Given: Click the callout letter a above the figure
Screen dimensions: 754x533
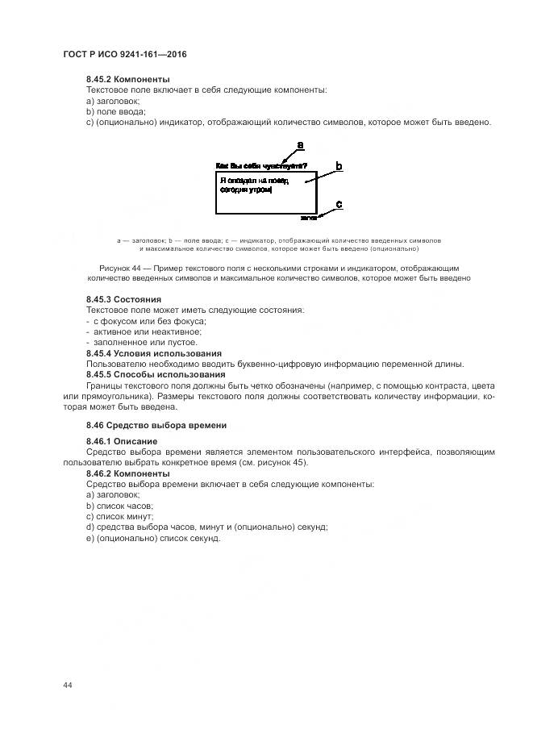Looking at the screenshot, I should tap(301, 146).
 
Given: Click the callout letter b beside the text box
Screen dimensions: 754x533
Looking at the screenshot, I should tap(339, 166).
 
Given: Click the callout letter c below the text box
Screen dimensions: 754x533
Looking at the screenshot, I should tap(339, 205).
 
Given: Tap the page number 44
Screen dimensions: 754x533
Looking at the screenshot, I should tap(68, 685).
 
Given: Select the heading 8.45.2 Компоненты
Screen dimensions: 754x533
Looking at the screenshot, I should tap(127, 80).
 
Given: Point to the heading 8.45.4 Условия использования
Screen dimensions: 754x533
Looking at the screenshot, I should tap(153, 353).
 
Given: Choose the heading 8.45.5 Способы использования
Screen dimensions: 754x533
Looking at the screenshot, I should tap(156, 374).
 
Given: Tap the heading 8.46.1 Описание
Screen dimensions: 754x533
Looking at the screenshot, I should tap(122, 442).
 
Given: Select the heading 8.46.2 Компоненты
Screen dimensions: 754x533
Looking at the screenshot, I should tap(127, 473).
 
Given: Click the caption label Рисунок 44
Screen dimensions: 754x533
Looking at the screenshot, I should tap(121, 267).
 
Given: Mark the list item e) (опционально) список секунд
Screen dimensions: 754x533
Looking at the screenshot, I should tap(153, 538).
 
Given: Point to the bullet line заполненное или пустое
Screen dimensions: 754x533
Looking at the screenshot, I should tap(132, 342).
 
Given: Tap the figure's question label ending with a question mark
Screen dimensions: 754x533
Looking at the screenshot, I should tap(260, 165).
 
